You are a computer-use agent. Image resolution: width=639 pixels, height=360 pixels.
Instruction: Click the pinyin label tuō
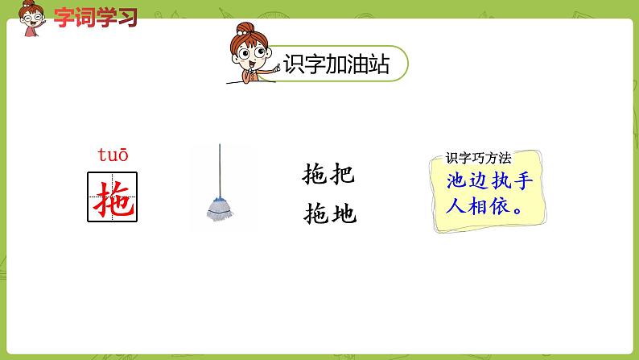[x=113, y=155]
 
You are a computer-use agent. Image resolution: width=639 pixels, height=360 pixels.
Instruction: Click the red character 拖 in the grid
[x=113, y=197]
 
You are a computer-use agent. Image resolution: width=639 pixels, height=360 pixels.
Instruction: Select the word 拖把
[x=328, y=175]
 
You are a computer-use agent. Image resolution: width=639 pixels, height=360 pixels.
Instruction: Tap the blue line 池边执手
[x=489, y=180]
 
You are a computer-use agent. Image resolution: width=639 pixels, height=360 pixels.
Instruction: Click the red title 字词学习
[x=95, y=16]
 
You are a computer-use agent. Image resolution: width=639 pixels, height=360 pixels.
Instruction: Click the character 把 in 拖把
[x=341, y=175]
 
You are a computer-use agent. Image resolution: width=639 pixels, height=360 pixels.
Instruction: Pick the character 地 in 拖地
[x=342, y=214]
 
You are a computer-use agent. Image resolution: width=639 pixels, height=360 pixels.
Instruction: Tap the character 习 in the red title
[x=126, y=16]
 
